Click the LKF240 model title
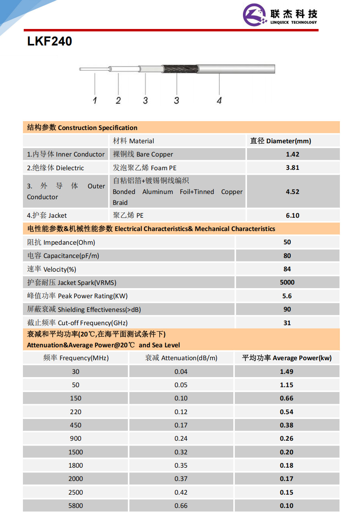[49, 41]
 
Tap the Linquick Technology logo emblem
[255, 15]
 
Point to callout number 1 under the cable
[95, 100]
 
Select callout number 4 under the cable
[219, 100]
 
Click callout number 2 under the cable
[118, 100]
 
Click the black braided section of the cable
[179, 69]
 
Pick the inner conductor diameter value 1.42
[292, 154]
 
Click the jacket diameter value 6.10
[292, 215]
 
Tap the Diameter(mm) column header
[280, 141]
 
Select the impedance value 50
[287, 242]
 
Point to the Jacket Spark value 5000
[287, 283]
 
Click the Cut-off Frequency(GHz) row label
[77, 323]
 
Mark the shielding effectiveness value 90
[287, 309]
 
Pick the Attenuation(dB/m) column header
[181, 358]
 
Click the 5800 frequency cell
[76, 505]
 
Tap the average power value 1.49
[286, 371]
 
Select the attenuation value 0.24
[181, 439]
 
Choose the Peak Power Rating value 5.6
[287, 296]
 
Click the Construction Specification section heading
[82, 128]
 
